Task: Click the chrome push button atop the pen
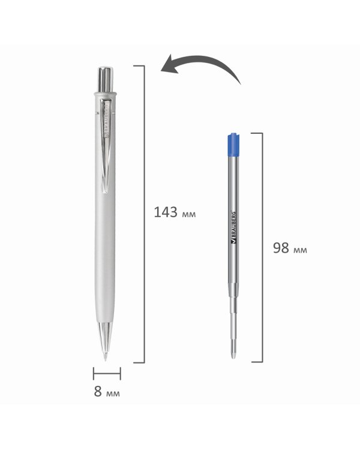106,79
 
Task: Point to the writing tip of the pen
106,358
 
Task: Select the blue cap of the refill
234,145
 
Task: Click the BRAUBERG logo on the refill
233,227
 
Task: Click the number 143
166,212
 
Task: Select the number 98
281,248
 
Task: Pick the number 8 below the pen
98,391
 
